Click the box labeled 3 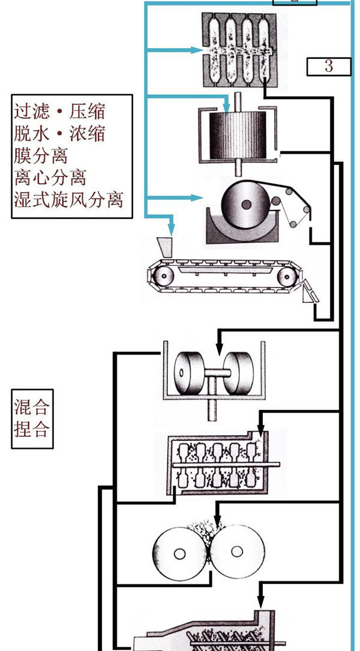(x=328, y=66)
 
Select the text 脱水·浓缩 (x=59, y=134)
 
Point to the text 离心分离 (x=50, y=177)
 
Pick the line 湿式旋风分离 (x=68, y=199)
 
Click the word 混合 (x=31, y=409)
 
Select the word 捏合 (x=31, y=430)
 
